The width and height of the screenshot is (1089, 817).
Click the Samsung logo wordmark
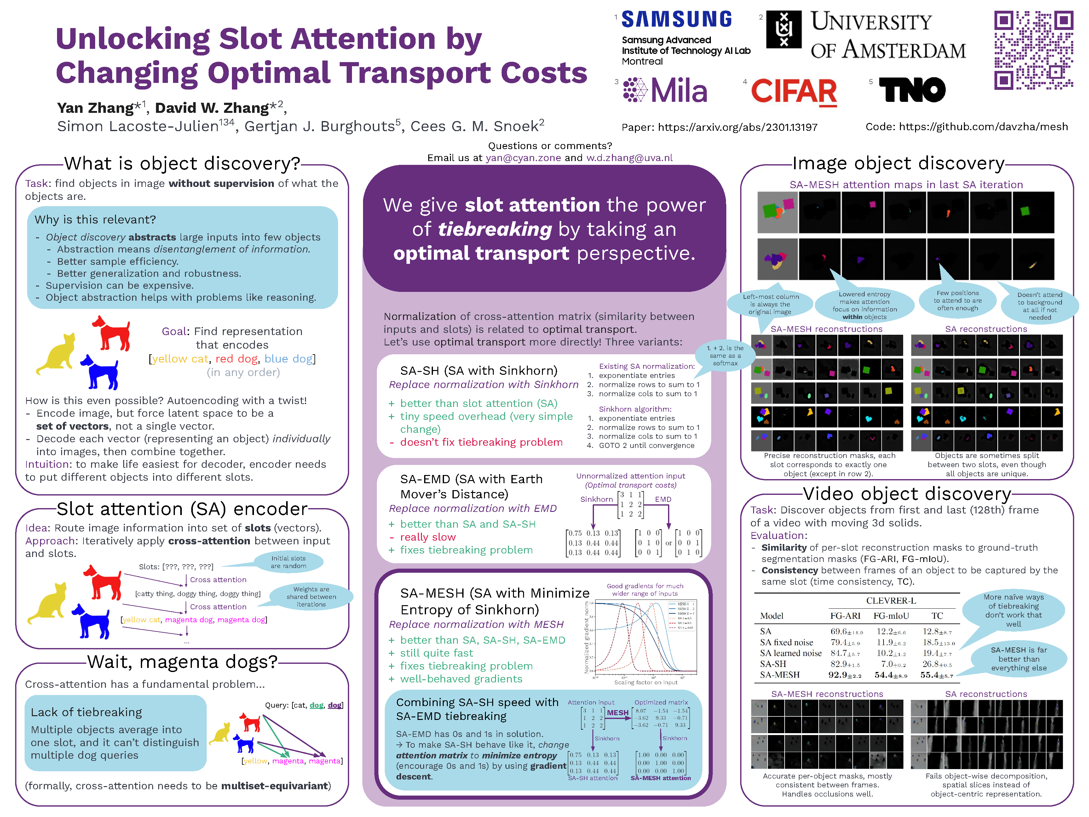pos(677,20)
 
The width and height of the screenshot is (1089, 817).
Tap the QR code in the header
pos(1033,50)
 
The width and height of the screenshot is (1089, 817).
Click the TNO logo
pos(912,90)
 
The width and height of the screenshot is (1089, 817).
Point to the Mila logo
pos(665,90)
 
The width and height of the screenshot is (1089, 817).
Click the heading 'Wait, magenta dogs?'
pos(182,662)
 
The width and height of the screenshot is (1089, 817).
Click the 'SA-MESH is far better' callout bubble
pos(1019,659)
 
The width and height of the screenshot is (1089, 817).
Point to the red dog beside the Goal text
pos(112,333)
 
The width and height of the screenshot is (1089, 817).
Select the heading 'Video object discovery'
pos(907,494)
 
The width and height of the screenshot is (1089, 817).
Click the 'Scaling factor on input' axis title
pos(645,682)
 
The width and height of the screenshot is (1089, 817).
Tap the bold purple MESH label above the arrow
pos(617,713)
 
